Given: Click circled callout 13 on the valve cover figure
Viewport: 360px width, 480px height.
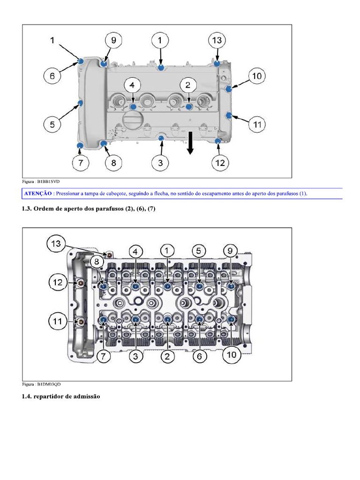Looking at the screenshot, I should point(217,40).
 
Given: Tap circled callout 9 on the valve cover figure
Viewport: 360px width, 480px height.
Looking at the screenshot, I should point(113,41).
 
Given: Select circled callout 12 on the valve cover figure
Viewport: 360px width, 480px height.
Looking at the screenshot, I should point(220,163).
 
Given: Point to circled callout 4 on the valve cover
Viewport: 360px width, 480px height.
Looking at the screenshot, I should point(132,85).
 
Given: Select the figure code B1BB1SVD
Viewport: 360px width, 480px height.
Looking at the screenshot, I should point(48,180).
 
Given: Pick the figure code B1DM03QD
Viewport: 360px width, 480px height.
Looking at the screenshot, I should point(49,384).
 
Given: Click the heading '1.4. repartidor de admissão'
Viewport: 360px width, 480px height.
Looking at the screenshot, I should point(60,397).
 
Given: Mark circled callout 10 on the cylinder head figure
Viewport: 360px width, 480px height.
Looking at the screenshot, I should point(232,355).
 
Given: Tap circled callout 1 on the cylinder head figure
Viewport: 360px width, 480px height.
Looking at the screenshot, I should point(167,251).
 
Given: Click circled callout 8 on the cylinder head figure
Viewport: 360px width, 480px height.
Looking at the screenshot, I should point(95,262).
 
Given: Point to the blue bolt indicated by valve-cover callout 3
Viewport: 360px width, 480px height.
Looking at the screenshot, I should point(161,138).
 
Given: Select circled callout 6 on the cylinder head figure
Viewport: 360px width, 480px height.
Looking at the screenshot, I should point(199,356).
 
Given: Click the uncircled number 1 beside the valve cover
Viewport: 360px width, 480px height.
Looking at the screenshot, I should point(52,40).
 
